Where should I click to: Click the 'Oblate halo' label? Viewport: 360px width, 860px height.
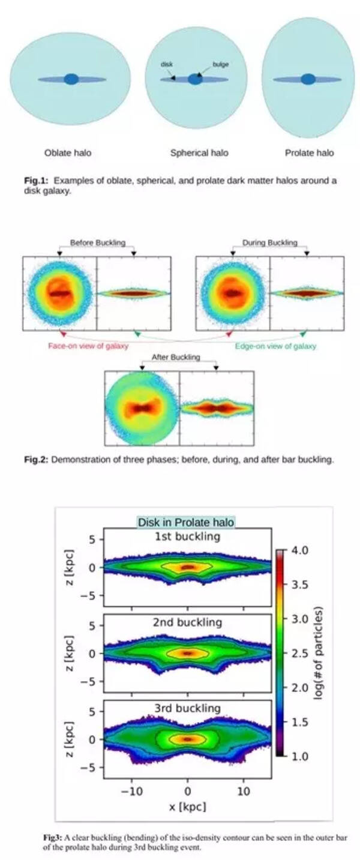[68, 152]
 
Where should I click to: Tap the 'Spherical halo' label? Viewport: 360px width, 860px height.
[199, 152]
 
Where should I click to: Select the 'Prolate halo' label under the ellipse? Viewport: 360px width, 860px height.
[309, 152]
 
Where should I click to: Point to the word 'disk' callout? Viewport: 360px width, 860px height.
[166, 64]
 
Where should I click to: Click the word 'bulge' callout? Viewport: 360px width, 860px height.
[220, 64]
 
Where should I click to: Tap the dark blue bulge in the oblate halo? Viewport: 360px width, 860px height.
[71, 79]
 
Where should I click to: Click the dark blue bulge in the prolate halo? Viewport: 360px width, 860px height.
[308, 79]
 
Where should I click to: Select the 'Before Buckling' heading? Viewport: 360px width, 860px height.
[98, 242]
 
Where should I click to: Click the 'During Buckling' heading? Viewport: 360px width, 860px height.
[269, 242]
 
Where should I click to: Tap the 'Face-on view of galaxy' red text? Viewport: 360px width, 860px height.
[88, 346]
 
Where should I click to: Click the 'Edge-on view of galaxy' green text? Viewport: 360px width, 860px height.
[275, 346]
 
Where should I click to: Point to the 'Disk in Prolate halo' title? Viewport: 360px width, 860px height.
[186, 522]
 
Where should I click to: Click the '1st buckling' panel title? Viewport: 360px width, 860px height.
[187, 536]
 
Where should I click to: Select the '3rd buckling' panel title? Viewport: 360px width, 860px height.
[187, 708]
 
